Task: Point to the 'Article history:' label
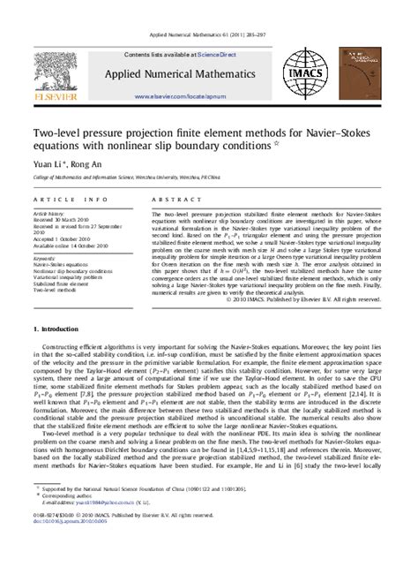pyautogui.click(x=52, y=214)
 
